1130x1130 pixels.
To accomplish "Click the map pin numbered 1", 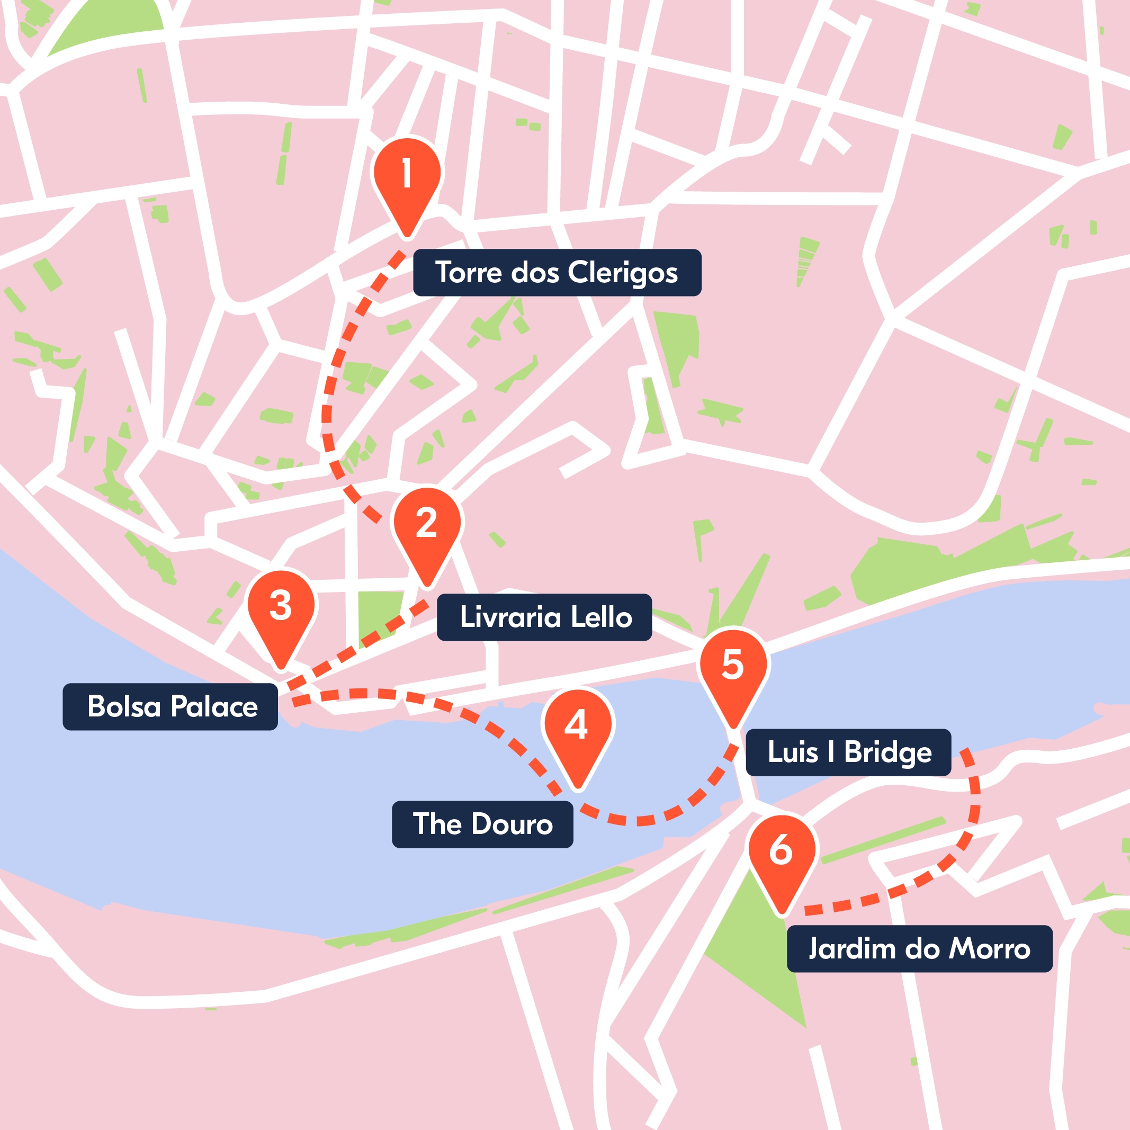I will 407,175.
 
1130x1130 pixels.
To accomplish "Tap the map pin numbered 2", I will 427,524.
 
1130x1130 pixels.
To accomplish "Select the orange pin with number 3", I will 281,606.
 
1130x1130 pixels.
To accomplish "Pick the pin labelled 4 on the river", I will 578,726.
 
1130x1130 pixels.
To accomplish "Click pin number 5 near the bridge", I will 733,666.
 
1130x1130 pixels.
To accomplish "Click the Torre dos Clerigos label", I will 557,273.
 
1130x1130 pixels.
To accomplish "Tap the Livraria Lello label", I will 544,617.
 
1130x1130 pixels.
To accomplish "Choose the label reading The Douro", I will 482,824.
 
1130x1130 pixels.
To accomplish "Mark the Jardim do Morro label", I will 919,949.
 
